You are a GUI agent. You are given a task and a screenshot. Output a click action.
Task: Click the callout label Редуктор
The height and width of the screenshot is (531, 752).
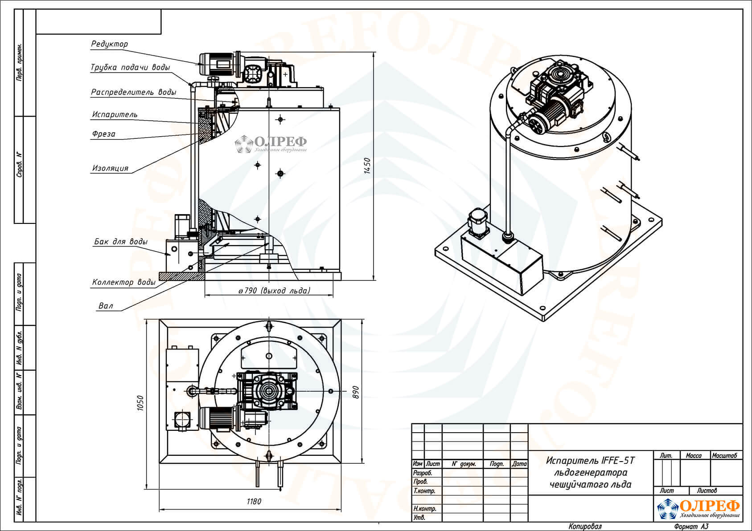110,44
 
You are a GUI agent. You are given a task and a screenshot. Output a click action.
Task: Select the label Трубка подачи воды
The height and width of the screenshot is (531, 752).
130,67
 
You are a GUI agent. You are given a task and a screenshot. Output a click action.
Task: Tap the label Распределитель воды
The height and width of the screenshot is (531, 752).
134,92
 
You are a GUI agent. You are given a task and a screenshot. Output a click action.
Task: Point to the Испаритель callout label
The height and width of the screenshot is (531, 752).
115,115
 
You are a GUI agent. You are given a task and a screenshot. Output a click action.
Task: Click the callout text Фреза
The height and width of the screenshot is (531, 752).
104,134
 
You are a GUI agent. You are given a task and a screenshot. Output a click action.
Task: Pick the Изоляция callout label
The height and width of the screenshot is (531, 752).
110,168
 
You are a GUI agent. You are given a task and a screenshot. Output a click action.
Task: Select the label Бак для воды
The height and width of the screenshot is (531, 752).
120,242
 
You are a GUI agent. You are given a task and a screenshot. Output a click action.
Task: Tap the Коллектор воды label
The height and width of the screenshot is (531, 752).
123,282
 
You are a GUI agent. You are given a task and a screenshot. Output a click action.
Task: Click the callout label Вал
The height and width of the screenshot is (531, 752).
106,306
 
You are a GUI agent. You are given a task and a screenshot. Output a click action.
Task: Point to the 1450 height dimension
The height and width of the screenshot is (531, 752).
367,166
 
